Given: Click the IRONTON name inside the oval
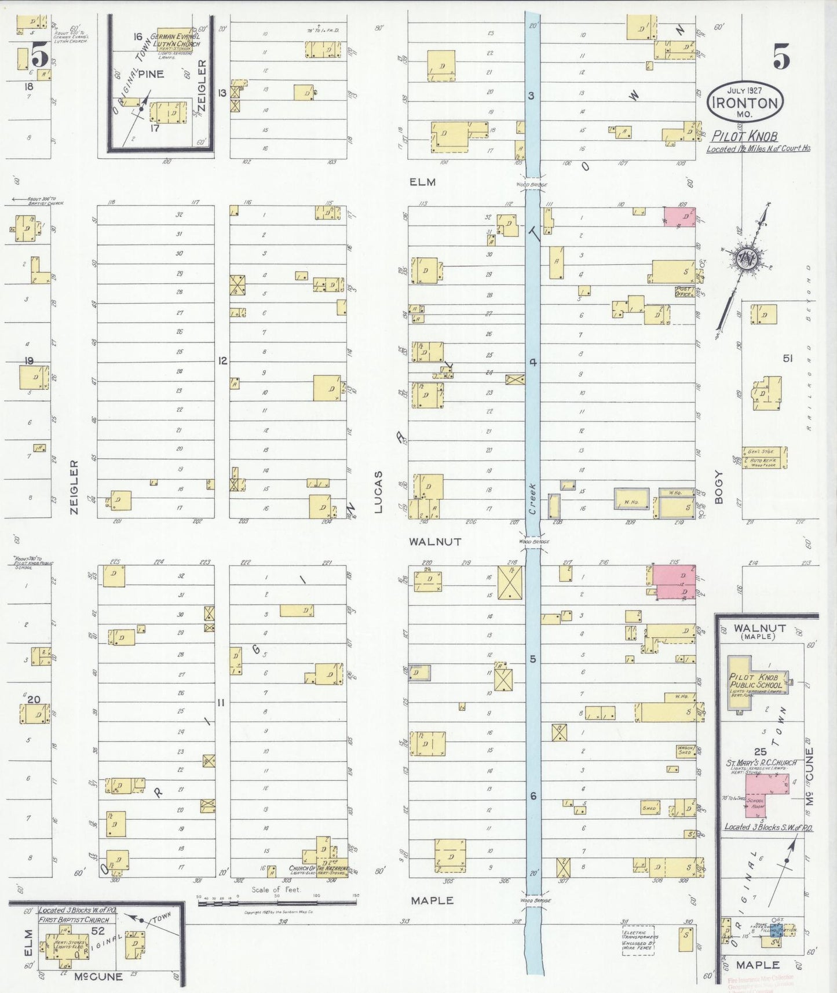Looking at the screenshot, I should tap(744, 103).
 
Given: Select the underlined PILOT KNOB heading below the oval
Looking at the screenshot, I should tap(744, 136).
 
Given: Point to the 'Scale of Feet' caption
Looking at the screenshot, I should tap(276, 889).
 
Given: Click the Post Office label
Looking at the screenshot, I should tap(684, 291).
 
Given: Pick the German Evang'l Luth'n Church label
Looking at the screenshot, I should tap(175, 40).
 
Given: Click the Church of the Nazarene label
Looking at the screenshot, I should tap(319, 870).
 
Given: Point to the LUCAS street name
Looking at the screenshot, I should tap(378, 492).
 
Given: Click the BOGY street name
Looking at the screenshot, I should tap(719, 487).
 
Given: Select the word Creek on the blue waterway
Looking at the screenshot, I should tap(532, 499).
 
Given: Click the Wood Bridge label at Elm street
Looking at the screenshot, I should tap(532, 185).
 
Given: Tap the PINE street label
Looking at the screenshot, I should tap(151, 74).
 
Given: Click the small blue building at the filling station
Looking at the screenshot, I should tap(777, 931).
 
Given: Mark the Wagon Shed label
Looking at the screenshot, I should tap(685, 750).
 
